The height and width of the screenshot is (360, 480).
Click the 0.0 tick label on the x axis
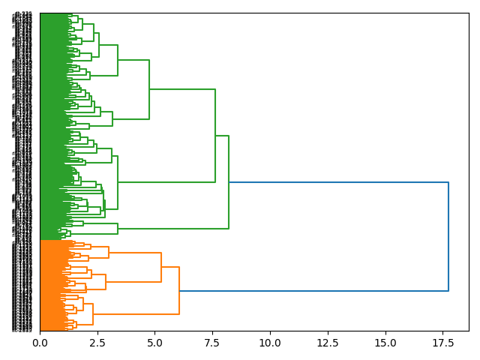(x=40, y=343)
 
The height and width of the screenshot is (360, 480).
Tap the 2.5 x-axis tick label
(x=97, y=343)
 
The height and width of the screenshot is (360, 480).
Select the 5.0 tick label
(x=154, y=343)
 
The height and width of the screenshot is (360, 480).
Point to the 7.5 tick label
(x=212, y=343)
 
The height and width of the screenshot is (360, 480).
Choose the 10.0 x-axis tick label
(x=270, y=343)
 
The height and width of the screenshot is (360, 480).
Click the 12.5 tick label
(x=328, y=343)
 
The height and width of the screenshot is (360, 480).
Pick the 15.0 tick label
(x=385, y=343)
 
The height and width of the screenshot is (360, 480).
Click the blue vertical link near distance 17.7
(x=448, y=236)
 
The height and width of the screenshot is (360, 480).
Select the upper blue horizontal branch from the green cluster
(x=337, y=182)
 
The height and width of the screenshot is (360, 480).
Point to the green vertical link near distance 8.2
(x=229, y=182)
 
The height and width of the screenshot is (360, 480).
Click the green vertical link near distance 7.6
(x=215, y=136)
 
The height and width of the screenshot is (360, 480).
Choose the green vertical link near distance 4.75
(x=149, y=89)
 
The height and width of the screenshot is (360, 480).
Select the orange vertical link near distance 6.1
(x=179, y=290)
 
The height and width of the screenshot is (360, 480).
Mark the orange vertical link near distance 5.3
(x=161, y=267)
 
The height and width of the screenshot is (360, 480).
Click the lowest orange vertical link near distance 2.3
(x=93, y=314)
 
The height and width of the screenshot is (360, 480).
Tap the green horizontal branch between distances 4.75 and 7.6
(x=182, y=89)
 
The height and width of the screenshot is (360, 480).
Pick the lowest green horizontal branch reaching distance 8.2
(x=173, y=229)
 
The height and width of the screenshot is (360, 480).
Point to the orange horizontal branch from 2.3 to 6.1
(x=136, y=314)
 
